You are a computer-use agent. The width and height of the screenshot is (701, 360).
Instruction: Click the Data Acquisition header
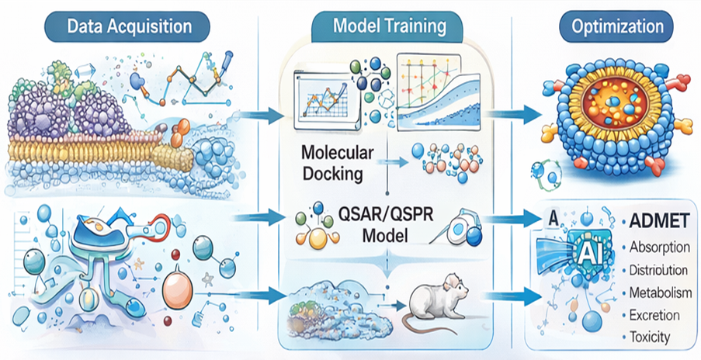point(130,26)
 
